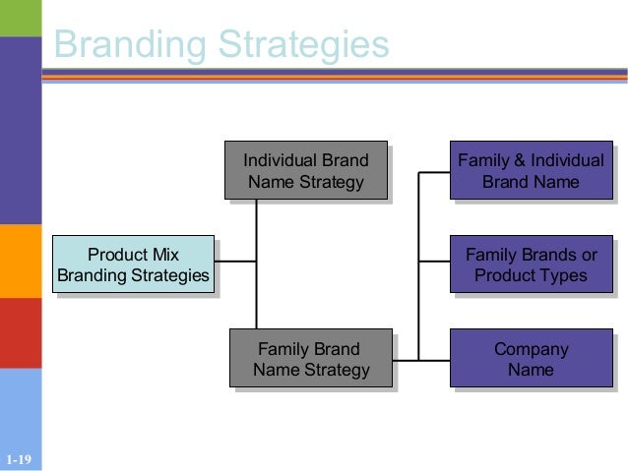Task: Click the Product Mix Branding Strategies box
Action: click(133, 265)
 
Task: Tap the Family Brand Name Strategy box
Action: click(310, 359)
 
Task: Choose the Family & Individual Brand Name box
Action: click(531, 170)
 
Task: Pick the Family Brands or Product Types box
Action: click(531, 265)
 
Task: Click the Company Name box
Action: click(531, 359)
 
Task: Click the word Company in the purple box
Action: click(531, 349)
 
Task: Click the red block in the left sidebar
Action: click(20, 332)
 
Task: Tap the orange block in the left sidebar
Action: click(20, 261)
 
